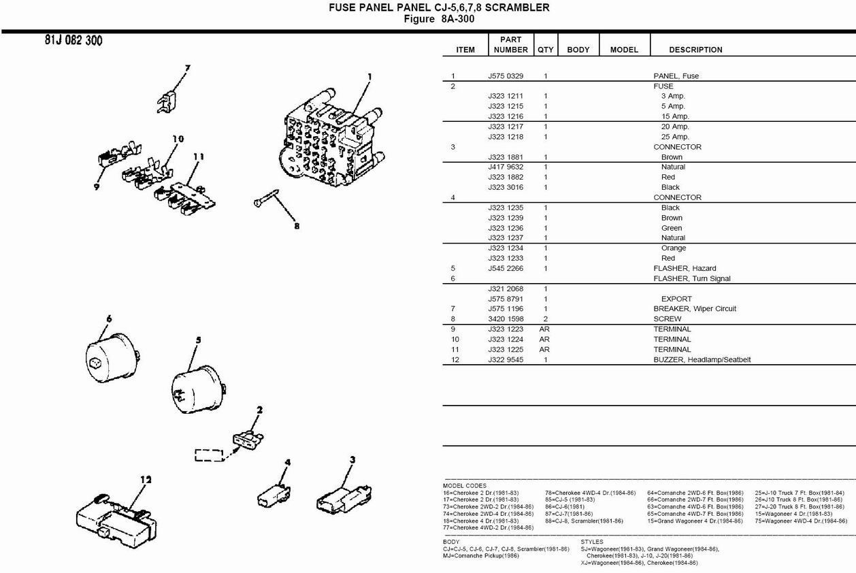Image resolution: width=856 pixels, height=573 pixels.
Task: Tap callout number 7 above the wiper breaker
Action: point(187,69)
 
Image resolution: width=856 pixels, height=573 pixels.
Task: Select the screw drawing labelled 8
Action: point(266,198)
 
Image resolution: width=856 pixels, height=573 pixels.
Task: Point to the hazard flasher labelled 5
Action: point(199,389)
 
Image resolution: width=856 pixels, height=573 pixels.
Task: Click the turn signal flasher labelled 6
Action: point(113,357)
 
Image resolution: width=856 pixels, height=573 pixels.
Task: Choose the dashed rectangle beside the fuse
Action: point(209,455)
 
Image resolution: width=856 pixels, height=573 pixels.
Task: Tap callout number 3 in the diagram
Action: point(352,460)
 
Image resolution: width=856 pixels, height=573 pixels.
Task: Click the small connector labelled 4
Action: point(274,496)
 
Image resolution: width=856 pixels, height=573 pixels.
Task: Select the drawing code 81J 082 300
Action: point(73,40)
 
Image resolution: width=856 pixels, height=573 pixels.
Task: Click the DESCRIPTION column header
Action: point(695,50)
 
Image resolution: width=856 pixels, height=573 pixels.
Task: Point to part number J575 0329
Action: point(505,76)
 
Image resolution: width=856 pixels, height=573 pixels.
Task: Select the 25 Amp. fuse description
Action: point(675,137)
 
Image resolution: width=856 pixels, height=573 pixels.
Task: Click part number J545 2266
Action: point(505,268)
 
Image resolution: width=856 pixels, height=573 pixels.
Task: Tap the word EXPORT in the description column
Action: point(676,299)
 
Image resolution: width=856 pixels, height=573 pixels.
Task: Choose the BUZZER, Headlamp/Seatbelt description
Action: point(702,360)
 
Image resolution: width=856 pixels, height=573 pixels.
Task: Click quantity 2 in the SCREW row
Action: point(545,318)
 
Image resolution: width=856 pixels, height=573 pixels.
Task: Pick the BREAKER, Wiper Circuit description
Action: point(694,308)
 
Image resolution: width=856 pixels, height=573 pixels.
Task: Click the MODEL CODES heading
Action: point(464,486)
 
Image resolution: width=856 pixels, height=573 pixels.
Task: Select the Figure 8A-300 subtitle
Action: point(439,19)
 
